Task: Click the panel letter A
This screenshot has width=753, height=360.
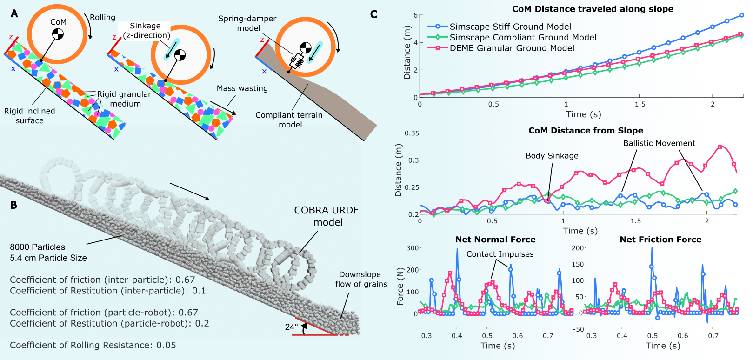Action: coord(14,13)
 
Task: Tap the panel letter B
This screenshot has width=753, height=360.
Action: coord(13,205)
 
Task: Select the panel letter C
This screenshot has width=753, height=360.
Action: coord(373,14)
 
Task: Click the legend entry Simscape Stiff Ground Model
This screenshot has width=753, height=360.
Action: coord(510,27)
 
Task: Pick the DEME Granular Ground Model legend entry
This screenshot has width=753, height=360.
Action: coord(512,48)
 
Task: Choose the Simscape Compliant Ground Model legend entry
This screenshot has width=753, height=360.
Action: coord(523,38)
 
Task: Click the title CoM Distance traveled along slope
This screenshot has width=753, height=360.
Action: coord(593,9)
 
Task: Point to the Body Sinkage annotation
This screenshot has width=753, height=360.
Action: coord(552,156)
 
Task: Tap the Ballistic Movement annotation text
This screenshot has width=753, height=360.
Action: coord(659,143)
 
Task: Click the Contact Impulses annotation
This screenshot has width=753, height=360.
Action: coord(500,254)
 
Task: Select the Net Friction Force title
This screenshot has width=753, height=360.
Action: coord(660,240)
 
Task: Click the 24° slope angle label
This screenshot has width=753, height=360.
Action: coord(291,327)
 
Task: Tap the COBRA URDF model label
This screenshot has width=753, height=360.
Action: coord(327,216)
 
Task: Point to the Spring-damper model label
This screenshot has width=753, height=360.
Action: coord(247,23)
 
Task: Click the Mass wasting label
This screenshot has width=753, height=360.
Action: coord(242,88)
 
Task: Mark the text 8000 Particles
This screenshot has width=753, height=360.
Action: coord(38,247)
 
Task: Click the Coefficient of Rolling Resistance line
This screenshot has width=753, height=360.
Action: coord(93,345)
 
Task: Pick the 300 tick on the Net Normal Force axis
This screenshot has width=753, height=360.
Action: coord(413,248)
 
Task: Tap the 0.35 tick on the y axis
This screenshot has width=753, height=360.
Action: coord(412,133)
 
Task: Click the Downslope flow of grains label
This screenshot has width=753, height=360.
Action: coord(360,279)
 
